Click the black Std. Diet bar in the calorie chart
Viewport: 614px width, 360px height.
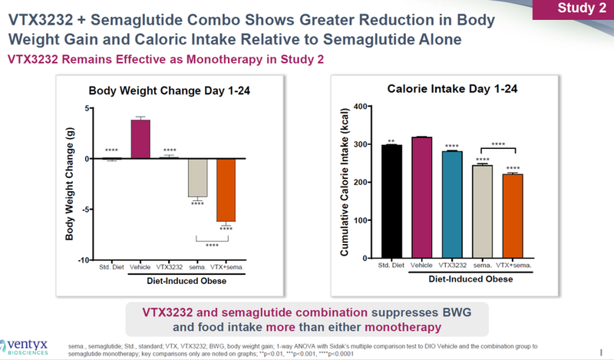tap(391, 203)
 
